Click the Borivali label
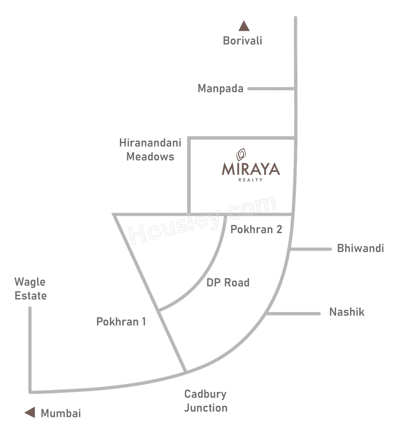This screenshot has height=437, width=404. [242, 41]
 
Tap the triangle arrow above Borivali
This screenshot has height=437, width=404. [244, 26]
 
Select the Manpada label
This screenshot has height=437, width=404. [220, 89]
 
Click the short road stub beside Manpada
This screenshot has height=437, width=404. [271, 89]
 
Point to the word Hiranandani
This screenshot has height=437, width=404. [150, 143]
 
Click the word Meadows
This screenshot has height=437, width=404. [150, 157]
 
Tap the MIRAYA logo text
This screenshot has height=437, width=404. [251, 169]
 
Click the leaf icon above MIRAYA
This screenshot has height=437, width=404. [241, 154]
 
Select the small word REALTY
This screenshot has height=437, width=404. [251, 180]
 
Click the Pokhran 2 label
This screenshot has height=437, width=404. [256, 229]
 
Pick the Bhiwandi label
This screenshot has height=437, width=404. [360, 248]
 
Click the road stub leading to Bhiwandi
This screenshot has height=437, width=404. [311, 249]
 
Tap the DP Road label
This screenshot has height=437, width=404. [228, 282]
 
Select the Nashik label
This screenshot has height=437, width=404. [347, 312]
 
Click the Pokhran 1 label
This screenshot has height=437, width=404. [121, 322]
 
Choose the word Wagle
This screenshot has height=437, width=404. [30, 282]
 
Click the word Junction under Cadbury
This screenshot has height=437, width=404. [206, 408]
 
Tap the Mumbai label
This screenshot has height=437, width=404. [61, 413]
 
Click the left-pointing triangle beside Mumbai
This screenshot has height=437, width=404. [30, 412]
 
